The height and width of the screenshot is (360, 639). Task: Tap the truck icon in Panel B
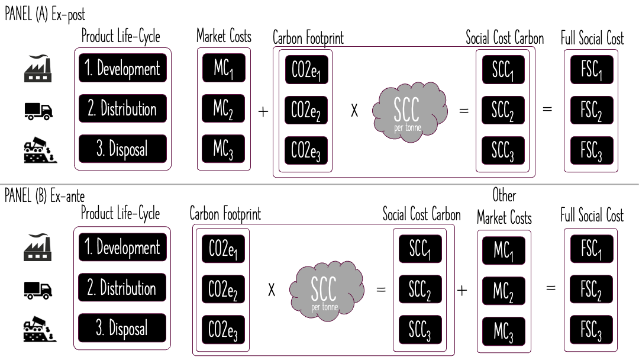[38, 289]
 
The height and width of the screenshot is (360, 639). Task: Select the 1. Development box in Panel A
[123, 68]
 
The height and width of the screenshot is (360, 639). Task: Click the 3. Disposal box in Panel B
[122, 329]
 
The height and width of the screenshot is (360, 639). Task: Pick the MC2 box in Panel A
[223, 109]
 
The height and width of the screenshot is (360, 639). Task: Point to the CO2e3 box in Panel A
[306, 150]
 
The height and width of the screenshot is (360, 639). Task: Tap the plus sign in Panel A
[263, 111]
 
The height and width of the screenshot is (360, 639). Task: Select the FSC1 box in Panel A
[591, 69]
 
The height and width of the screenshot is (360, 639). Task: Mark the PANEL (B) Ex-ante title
[45, 195]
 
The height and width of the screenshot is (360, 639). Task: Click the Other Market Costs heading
[504, 207]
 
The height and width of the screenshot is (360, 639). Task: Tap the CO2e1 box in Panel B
[223, 249]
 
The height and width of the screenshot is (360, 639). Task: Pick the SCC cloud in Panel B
[324, 290]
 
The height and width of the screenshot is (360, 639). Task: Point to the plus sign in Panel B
[462, 290]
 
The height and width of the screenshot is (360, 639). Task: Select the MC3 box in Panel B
[504, 331]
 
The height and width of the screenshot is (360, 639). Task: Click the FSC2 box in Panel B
[591, 290]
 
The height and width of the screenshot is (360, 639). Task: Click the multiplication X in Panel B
[272, 290]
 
